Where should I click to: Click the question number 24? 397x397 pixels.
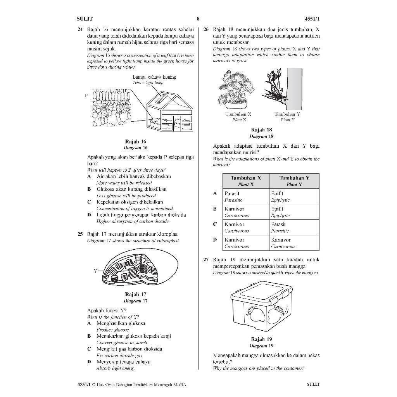(80, 29)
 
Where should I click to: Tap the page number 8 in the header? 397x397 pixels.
(198, 19)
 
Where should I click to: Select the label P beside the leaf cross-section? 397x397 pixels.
(87, 95)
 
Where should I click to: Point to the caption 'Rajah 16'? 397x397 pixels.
(135, 142)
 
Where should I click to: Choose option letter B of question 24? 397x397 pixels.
(89, 189)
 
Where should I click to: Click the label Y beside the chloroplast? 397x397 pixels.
(95, 271)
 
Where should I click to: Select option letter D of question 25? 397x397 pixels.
(89, 362)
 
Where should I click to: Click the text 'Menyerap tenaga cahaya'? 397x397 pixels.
(123, 362)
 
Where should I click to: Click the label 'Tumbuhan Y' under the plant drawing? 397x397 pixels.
(287, 114)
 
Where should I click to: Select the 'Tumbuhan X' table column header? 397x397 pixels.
(246, 181)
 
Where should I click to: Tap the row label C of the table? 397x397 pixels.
(215, 224)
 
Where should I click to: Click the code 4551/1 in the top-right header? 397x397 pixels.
(312, 19)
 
